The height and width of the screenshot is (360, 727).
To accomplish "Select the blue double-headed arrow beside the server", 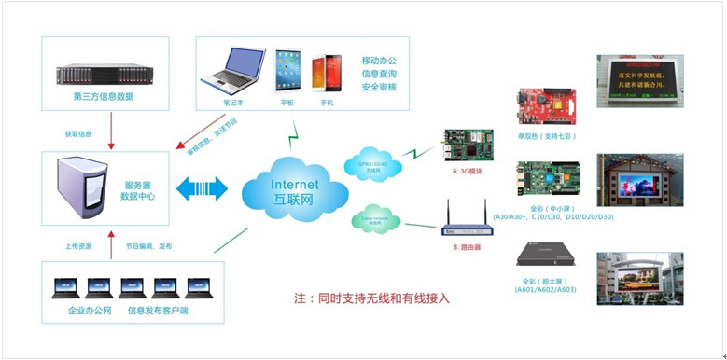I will coord(202,189).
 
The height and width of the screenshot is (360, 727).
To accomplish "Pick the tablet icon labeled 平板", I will coord(287,71).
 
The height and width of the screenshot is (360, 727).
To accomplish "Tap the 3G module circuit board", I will coord(468,145).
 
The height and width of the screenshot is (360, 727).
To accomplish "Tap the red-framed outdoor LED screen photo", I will coord(640,180).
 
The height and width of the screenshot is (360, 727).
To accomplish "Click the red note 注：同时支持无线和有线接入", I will coord(371,298).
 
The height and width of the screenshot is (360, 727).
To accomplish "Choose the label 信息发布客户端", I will coord(158,310).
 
